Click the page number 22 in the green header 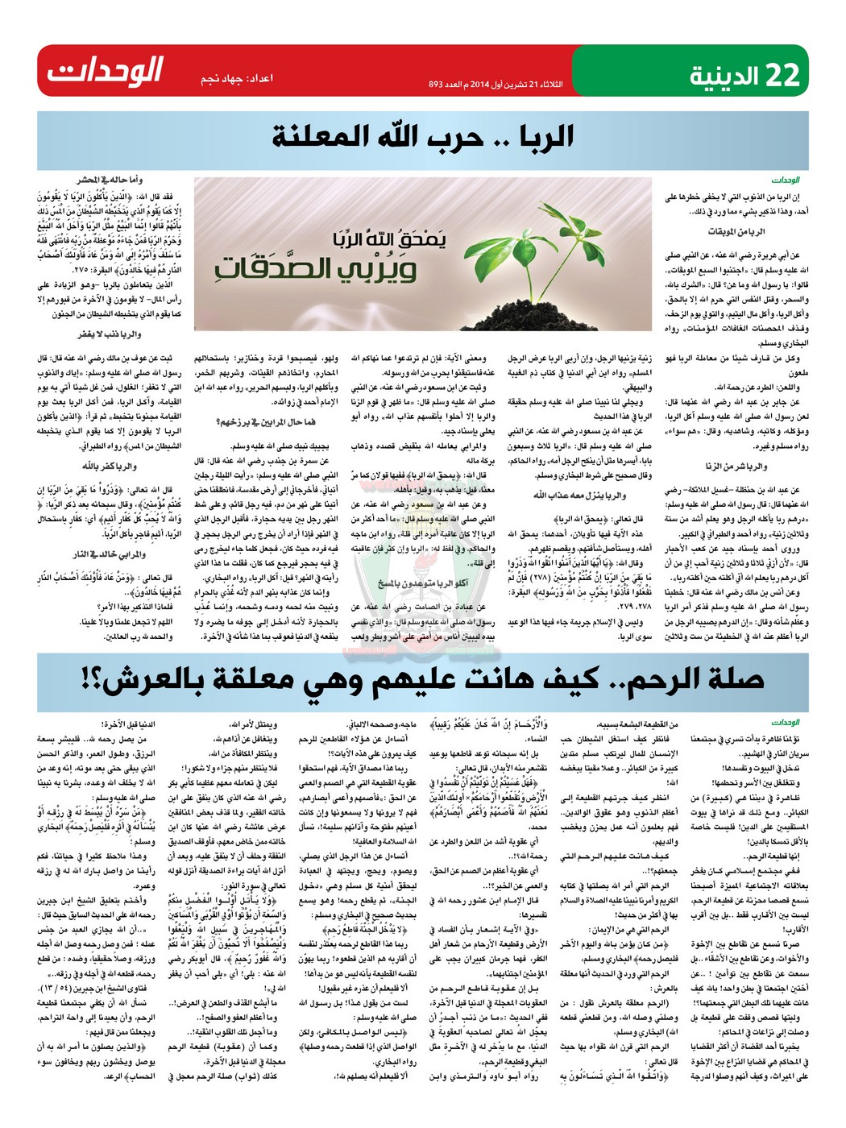[782, 74]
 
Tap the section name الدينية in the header [724, 76]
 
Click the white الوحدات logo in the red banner [105, 71]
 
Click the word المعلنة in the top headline [323, 136]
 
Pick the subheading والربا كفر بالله [109, 467]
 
